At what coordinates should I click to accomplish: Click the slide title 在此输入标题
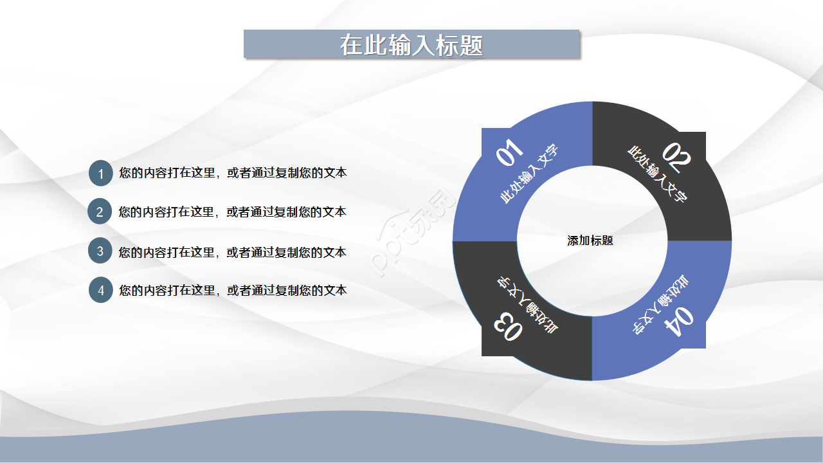point(411,45)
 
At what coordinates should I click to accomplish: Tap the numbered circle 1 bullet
point(100,174)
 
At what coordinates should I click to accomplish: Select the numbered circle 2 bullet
point(100,212)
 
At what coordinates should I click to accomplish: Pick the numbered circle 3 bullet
point(100,251)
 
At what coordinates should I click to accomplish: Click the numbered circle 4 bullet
point(100,291)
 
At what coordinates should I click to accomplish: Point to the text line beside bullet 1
point(233,173)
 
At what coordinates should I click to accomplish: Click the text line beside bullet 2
point(233,212)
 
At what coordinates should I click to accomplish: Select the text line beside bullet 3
point(233,252)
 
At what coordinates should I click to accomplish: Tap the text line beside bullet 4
point(233,290)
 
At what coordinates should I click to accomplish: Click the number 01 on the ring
point(510,154)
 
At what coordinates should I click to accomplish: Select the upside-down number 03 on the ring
point(508,327)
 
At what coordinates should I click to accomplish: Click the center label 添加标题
point(590,241)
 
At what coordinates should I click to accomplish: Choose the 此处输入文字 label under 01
point(530,174)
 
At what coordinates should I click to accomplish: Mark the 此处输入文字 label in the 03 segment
point(526,305)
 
